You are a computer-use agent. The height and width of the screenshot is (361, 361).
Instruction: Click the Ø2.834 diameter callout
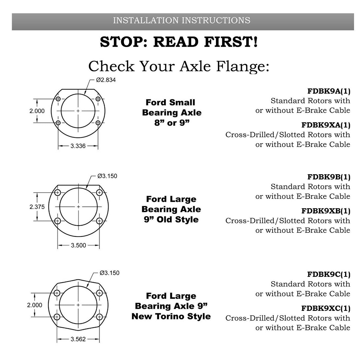[x=106, y=80]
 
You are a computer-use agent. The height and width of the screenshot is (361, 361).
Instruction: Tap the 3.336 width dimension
[x=78, y=146]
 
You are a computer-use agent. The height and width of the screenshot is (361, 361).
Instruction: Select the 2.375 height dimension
[x=37, y=207]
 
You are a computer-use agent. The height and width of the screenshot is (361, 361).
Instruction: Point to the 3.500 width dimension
[x=78, y=245]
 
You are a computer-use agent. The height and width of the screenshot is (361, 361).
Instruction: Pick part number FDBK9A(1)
[x=329, y=91]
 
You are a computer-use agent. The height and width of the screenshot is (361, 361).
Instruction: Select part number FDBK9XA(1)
[x=326, y=125]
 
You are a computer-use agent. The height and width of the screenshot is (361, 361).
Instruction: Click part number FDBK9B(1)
[x=329, y=177]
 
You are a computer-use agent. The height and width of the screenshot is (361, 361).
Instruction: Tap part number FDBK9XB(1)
[x=326, y=211]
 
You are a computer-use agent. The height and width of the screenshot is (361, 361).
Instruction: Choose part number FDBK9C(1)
[x=329, y=274]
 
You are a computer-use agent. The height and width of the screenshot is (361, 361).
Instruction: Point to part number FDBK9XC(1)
[x=326, y=308]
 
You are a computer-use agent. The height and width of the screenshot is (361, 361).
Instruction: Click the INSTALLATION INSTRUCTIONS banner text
[x=181, y=20]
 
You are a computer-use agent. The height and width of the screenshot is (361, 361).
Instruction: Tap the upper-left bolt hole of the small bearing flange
[x=58, y=99]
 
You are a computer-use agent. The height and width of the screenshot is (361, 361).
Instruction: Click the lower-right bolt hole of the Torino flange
[x=99, y=317]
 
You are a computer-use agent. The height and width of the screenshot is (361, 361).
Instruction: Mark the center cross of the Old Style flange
[x=78, y=207]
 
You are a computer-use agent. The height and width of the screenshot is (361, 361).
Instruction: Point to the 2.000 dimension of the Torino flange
[x=35, y=305]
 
